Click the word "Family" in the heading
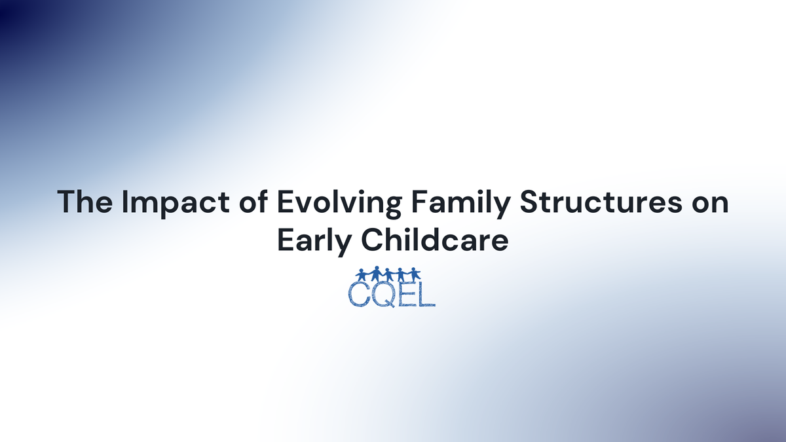(448, 202)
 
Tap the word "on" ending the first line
(711, 202)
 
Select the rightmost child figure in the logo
(414, 274)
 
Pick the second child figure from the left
(375, 273)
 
